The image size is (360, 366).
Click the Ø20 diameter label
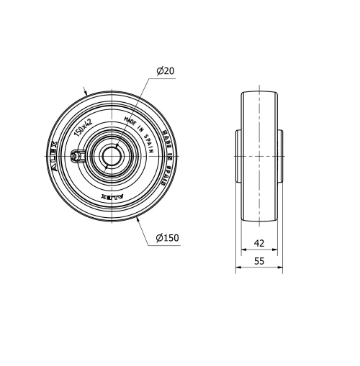coord(166,70)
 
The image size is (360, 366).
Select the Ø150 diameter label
coord(167,238)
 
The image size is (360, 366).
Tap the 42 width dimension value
coord(259,243)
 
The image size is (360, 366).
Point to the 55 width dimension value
coord(259,262)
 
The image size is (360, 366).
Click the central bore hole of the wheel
coord(112,155)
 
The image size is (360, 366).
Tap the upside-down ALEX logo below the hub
coord(114,196)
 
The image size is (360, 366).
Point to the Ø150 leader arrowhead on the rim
coord(138,218)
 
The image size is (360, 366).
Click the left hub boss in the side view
coord(238,155)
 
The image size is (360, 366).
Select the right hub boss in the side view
coord(281,155)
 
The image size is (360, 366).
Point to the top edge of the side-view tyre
coord(259,92)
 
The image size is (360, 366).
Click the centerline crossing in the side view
coord(259,155)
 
